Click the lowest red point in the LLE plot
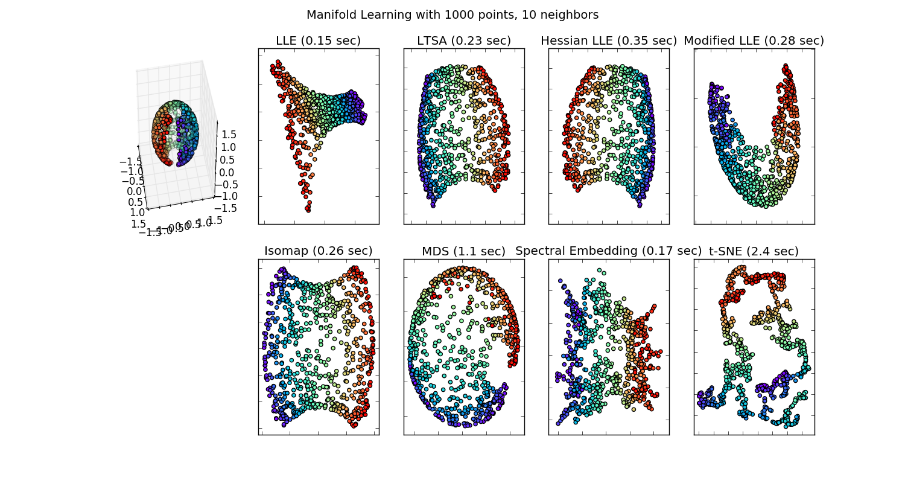[308, 210]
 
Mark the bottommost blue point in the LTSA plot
[433, 205]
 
